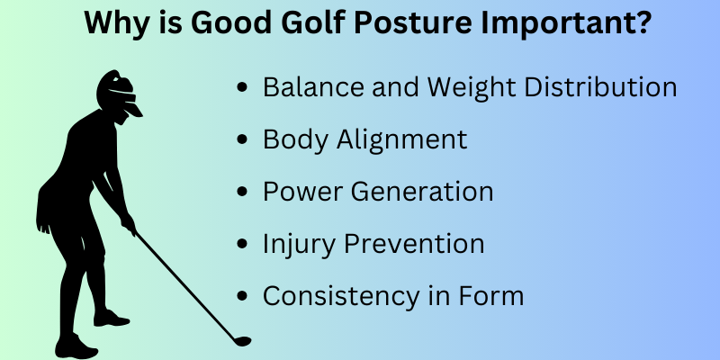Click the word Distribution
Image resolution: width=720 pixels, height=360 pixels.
point(600,85)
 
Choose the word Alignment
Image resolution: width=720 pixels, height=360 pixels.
point(401,139)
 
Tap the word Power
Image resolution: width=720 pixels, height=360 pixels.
point(302,191)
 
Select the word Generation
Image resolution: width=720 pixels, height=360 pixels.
point(422,191)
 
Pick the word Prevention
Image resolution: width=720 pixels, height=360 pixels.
point(414,243)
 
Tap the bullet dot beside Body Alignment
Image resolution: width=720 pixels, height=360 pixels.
point(242,139)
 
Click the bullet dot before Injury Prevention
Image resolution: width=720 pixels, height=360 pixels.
point(242,244)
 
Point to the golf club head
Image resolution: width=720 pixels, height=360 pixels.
point(241,341)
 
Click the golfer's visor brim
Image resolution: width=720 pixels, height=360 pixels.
point(132,109)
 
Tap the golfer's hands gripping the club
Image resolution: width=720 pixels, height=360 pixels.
point(128,223)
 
